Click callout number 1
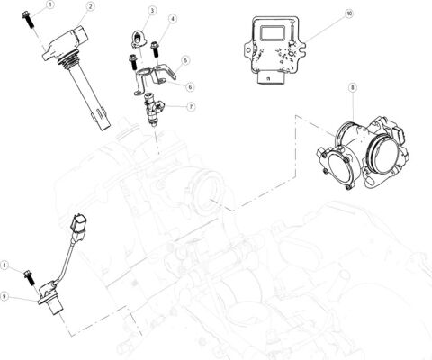[49, 4]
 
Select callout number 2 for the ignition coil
[90, 6]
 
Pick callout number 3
[152, 10]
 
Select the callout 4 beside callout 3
[173, 19]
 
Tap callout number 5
[185, 61]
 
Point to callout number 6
[191, 86]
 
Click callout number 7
[191, 106]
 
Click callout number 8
[352, 87]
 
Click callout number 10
[349, 15]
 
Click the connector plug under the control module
[267, 78]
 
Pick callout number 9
[5, 296]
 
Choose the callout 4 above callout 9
[5, 265]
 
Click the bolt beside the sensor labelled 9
[31, 274]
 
